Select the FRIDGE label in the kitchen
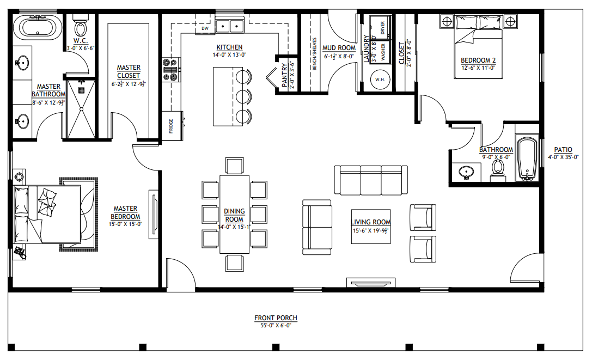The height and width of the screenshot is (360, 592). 170,125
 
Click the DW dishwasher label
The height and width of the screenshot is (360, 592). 205,28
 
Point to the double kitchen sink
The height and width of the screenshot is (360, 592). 229,25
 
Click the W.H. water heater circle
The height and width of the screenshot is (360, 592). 380,80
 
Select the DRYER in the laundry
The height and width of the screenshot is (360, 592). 382,28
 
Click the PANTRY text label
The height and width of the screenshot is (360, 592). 284,75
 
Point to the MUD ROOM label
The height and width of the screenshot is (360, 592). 339,48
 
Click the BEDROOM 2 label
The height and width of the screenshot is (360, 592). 478,60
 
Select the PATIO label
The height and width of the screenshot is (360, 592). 563,149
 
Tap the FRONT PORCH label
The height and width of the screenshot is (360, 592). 276,318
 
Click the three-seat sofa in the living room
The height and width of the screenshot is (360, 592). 371,180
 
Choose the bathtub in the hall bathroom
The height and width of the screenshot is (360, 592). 527,159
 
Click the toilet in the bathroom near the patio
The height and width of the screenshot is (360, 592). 497,170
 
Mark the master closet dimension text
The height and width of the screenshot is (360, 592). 129,84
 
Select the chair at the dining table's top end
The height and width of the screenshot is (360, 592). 235,165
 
